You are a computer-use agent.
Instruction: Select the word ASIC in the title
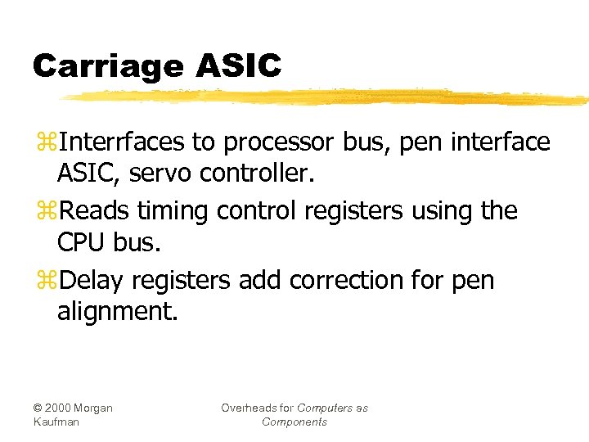click(239, 65)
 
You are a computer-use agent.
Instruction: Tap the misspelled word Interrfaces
click(122, 142)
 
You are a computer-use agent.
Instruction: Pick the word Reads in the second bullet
click(94, 211)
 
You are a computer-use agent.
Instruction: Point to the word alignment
click(117, 311)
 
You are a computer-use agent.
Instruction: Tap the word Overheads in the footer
click(247, 408)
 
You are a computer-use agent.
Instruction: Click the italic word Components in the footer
click(294, 422)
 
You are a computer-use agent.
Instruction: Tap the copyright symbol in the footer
click(38, 408)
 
